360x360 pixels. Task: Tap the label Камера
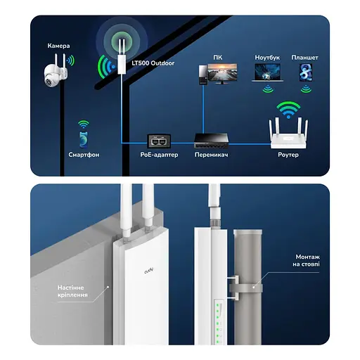pos(59,46)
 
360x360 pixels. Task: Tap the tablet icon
pos(305,74)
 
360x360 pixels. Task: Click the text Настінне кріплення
pos(72,291)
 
